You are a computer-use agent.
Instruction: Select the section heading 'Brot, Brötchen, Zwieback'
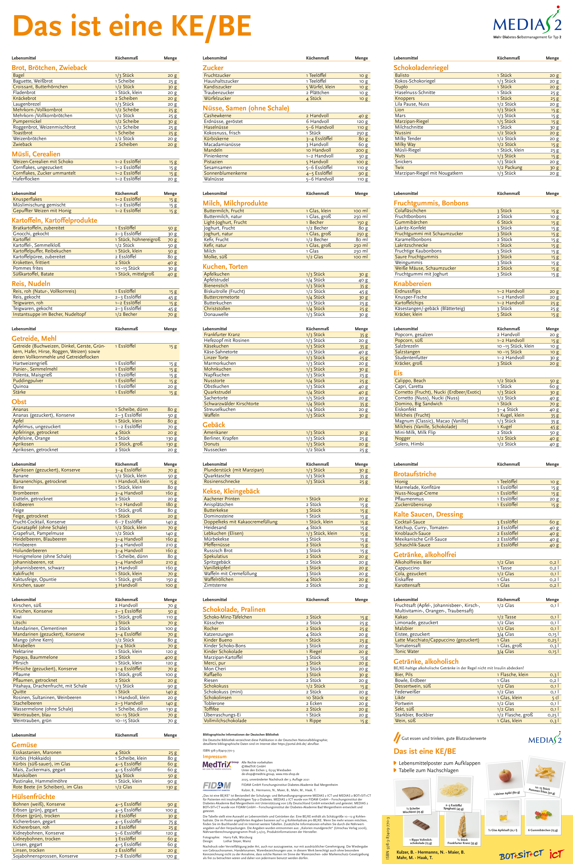[49, 68]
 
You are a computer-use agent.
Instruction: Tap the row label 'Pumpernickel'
[25, 121]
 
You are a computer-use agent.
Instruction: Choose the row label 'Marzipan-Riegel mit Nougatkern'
[429, 173]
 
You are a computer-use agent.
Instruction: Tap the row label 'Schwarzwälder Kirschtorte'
[231, 404]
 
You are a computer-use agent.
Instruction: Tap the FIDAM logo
[217, 785]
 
